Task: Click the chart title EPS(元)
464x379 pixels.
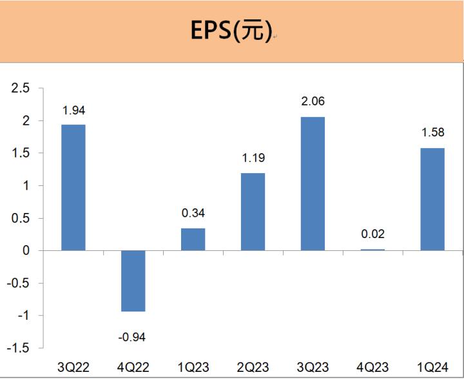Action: [x=231, y=31]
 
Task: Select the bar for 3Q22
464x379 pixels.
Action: [x=73, y=187]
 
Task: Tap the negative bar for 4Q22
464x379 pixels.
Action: [x=133, y=281]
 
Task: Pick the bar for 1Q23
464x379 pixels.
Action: [x=193, y=239]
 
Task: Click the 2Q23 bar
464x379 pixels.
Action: [x=253, y=211]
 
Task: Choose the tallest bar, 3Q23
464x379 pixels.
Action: [x=313, y=183]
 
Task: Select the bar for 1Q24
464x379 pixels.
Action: [x=432, y=199]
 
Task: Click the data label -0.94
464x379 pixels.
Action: [x=133, y=336]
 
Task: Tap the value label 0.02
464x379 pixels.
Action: [x=372, y=235]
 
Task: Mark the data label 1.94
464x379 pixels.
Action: [x=73, y=111]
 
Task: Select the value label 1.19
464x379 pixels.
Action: [x=253, y=158]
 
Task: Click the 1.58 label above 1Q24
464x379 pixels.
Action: [x=432, y=134]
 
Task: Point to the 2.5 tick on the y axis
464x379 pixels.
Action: [x=21, y=88]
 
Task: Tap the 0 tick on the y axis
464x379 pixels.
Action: [x=26, y=250]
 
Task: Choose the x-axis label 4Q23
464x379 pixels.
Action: [x=372, y=367]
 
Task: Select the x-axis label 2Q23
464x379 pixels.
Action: [x=253, y=367]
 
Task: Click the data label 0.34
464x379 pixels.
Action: [x=193, y=214]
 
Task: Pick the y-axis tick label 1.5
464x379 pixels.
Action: [x=21, y=153]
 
